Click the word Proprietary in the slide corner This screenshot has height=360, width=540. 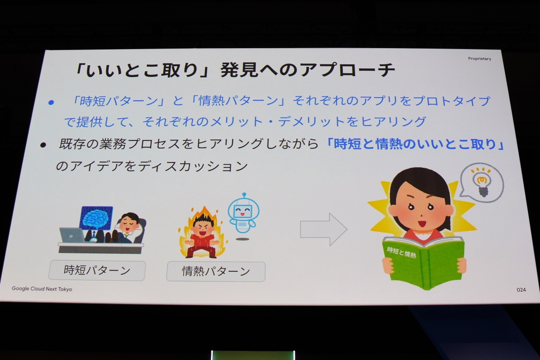click(479, 59)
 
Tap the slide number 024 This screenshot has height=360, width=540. click(521, 290)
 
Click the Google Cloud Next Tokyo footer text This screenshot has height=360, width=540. click(42, 289)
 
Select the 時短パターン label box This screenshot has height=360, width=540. click(97, 270)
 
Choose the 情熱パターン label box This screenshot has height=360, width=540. click(216, 272)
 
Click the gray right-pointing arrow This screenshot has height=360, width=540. click(324, 229)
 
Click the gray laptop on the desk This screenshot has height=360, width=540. click(72, 235)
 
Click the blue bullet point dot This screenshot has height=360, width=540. click(51, 103)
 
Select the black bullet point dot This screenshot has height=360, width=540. click(43, 145)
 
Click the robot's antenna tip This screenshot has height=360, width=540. click(244, 194)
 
